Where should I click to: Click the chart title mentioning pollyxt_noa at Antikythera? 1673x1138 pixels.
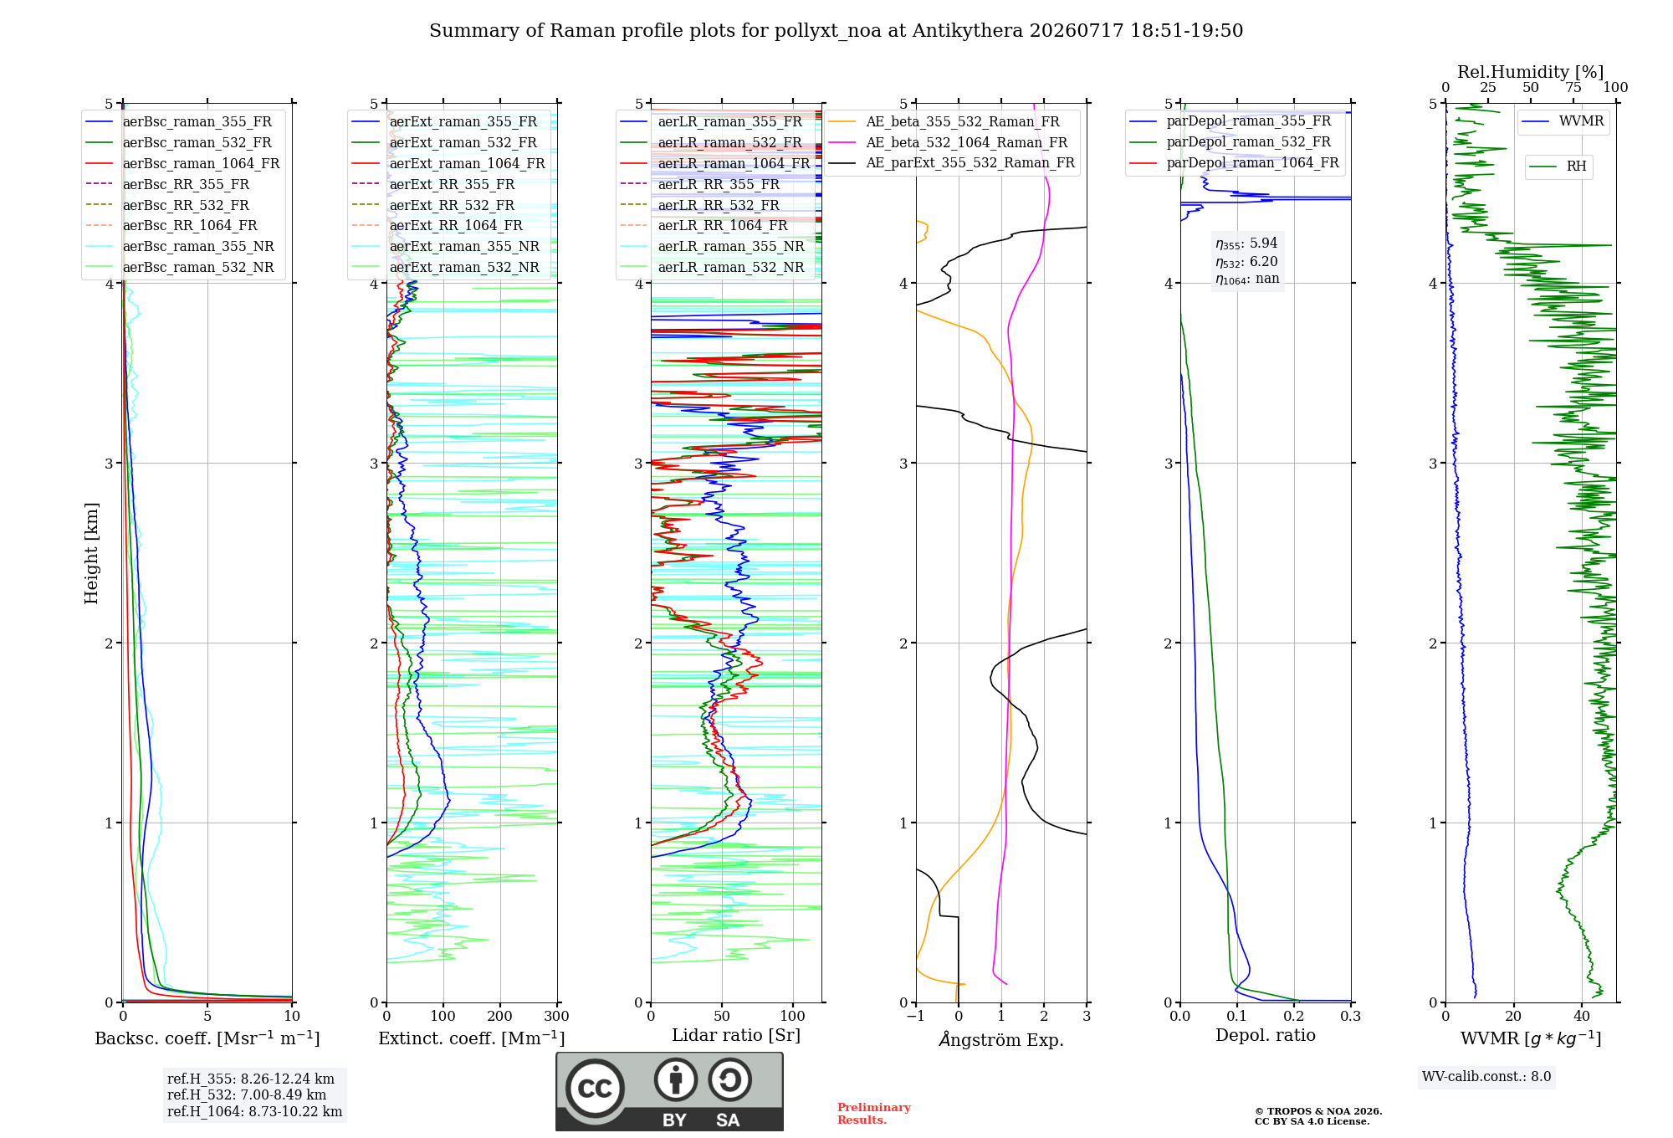pyautogui.click(x=836, y=31)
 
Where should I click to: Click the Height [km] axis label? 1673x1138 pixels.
pyautogui.click(x=91, y=553)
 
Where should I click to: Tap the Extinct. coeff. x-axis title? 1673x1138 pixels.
pyautogui.click(x=472, y=1038)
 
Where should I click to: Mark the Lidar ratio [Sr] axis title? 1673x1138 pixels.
pyautogui.click(x=736, y=1036)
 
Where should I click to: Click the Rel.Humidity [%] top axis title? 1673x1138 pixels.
pyautogui.click(x=1530, y=72)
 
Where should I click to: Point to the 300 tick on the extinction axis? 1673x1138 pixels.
pyautogui.click(x=556, y=1017)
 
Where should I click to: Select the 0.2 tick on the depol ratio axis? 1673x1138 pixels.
pyautogui.click(x=1294, y=1017)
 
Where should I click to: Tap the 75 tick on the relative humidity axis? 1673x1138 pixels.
pyautogui.click(x=1573, y=88)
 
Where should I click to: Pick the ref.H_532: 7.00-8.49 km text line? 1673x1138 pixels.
pyautogui.click(x=247, y=1095)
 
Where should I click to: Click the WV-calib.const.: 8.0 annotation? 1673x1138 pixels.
pyautogui.click(x=1486, y=1077)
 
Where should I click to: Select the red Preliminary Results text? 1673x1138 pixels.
pyautogui.click(x=874, y=1114)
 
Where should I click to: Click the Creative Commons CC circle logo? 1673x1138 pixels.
pyautogui.click(x=595, y=1088)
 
